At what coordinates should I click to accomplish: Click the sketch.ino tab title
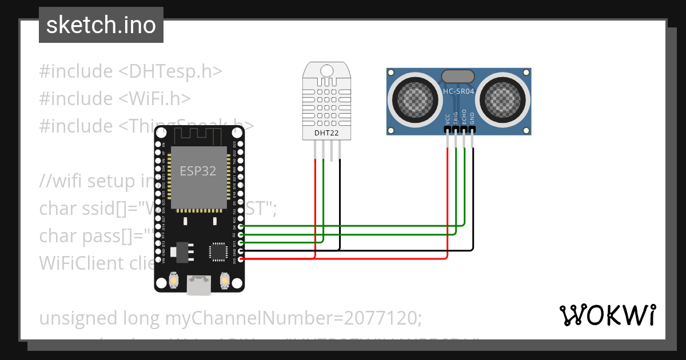[101, 25]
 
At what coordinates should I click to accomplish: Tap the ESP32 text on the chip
[198, 171]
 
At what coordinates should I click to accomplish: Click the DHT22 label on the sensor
[326, 134]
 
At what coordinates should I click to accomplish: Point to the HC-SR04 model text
[459, 91]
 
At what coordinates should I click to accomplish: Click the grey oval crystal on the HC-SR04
[458, 76]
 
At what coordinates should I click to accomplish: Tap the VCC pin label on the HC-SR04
[448, 118]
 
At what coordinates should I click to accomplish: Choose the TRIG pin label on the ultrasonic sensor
[456, 117]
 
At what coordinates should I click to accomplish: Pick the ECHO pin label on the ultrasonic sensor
[464, 117]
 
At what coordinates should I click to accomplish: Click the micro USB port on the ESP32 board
[198, 286]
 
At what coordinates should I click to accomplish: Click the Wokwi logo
[607, 315]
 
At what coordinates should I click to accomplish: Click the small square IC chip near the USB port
[218, 251]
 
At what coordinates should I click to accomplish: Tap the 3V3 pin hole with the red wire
[241, 259]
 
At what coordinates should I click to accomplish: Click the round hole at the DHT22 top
[326, 70]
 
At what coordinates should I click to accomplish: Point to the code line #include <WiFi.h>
[115, 98]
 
